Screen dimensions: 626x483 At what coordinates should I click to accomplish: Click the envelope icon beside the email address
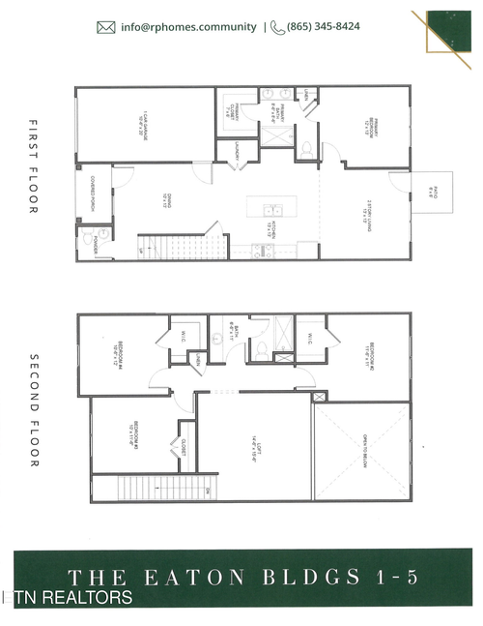point(106,27)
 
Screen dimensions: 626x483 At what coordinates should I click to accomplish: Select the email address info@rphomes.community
point(189,27)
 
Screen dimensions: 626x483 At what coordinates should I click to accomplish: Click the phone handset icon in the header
point(277,27)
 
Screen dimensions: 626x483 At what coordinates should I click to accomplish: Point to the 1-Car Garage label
point(142,123)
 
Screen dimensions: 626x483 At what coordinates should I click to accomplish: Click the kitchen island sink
point(273,209)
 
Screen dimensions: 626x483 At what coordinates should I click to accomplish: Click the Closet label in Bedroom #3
point(182,448)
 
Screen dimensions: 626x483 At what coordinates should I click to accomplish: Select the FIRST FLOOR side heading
point(32,167)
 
